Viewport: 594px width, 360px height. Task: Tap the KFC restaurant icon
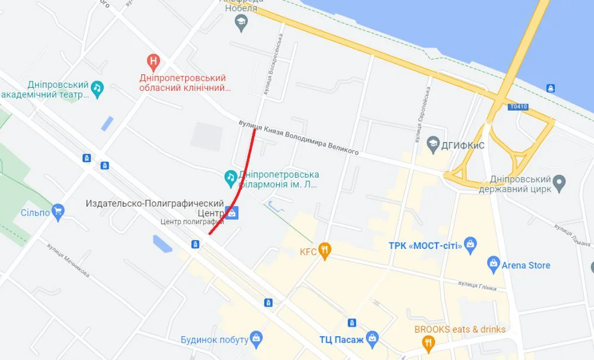[x=324, y=251]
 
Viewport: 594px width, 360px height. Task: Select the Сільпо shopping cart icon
[x=58, y=211]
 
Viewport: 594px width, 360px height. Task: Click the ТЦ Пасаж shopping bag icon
[x=372, y=339]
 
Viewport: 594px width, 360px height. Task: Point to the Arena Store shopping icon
[x=492, y=263]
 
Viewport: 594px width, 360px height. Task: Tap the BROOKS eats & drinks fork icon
[x=428, y=342]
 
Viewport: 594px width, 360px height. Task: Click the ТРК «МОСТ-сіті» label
[x=425, y=245]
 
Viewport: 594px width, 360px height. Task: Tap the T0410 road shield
[x=517, y=107]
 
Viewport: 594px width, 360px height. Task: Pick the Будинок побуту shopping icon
[x=256, y=339]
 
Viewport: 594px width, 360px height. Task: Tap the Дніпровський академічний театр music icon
[x=97, y=89]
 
